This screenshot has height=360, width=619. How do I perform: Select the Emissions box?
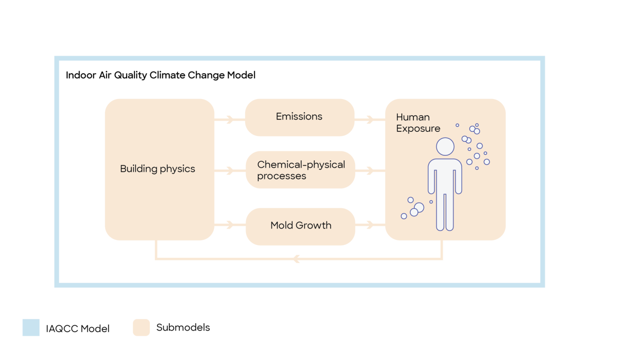click(299, 117)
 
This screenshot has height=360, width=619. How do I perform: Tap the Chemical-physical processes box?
click(300, 170)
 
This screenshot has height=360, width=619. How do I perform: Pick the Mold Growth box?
click(300, 226)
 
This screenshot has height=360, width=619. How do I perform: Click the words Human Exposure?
click(418, 123)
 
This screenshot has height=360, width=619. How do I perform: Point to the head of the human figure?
click(445, 147)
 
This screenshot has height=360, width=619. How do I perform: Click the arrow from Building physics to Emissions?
click(229, 120)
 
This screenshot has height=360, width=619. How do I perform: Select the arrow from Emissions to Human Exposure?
click(370, 120)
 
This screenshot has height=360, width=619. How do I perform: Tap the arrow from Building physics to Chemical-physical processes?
click(229, 171)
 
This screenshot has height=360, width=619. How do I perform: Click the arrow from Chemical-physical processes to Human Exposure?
click(370, 171)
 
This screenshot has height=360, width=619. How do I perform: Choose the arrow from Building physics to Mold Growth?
click(229, 224)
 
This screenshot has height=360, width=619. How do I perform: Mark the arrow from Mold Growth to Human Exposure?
click(370, 224)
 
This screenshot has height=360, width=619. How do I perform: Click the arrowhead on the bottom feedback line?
click(296, 259)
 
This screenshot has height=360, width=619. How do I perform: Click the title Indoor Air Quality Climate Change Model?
click(161, 75)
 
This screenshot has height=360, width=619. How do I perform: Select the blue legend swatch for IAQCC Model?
click(31, 328)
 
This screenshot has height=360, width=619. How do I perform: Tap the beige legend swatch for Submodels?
click(141, 328)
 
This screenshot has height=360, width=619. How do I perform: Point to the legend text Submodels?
click(183, 328)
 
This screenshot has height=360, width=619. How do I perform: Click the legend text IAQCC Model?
click(78, 329)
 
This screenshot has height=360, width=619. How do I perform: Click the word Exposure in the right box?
click(418, 129)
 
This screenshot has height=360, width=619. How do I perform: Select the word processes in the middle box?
click(282, 176)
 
